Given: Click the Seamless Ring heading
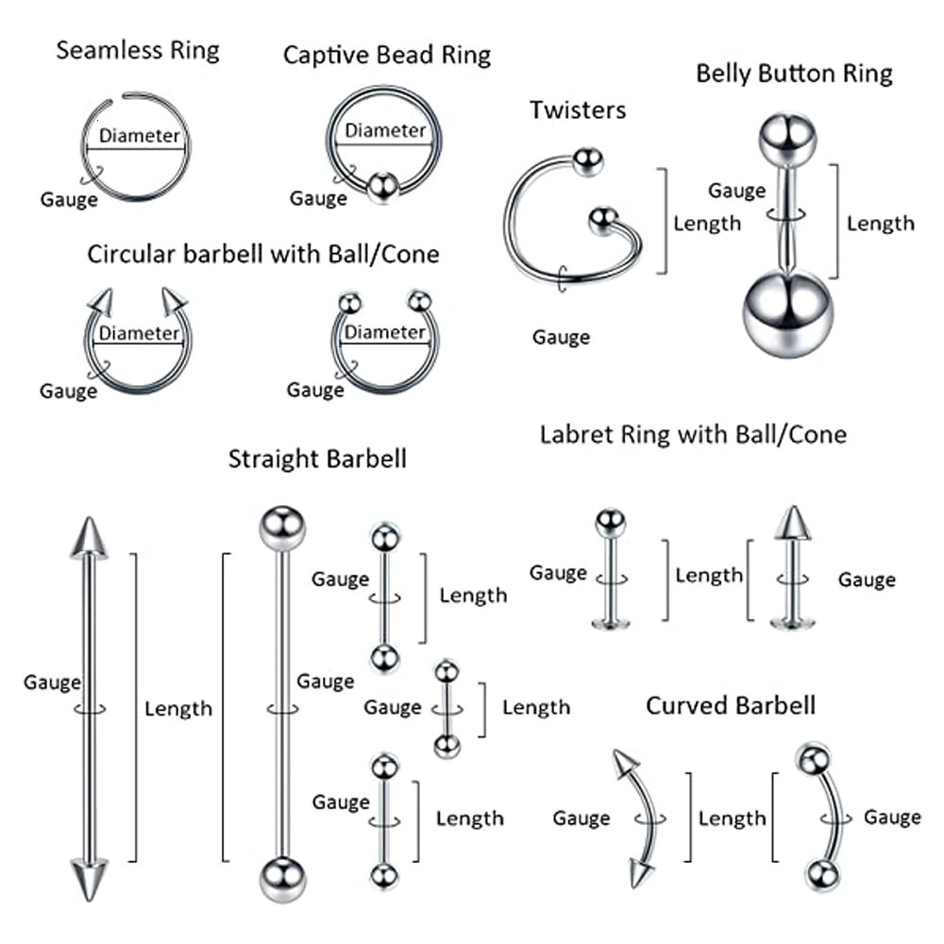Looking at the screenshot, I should (138, 50).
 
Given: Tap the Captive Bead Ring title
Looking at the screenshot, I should (387, 55).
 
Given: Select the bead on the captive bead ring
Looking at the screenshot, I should (380, 187).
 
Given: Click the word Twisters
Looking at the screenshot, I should (578, 110).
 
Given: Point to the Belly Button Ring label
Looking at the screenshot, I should (794, 74).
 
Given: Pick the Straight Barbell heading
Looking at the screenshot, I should (317, 459).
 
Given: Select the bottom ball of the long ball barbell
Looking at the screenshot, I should (281, 880).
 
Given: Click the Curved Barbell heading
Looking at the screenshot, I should (731, 705).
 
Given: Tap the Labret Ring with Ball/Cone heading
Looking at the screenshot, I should (693, 434).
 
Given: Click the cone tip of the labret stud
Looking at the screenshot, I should (793, 523).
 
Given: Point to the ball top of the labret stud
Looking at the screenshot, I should (611, 522).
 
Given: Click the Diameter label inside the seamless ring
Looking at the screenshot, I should (139, 136).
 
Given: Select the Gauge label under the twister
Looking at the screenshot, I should (561, 337).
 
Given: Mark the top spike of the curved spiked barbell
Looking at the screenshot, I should (619, 763).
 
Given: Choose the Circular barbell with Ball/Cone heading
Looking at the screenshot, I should (263, 254).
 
